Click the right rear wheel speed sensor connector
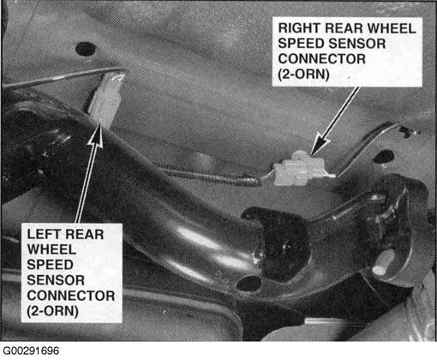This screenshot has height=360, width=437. click(302, 168)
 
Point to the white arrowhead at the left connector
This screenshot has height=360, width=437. click(97, 135)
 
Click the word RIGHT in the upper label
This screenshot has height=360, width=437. click(299, 28)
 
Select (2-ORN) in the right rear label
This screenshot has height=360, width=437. click(303, 75)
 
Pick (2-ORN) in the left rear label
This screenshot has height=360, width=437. click(52, 311)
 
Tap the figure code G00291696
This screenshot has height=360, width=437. click(31, 351)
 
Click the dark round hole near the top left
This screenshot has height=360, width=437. click(85, 49)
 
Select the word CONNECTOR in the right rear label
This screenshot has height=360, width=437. click(322, 59)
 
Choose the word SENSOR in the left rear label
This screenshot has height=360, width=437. click(56, 280)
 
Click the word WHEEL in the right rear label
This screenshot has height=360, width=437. click(392, 28)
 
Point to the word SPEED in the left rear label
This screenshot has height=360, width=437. click(50, 265)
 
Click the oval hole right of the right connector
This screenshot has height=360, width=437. click(384, 157)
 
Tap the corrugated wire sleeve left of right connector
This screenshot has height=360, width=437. click(212, 177)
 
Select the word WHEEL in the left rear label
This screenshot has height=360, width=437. click(51, 249)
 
